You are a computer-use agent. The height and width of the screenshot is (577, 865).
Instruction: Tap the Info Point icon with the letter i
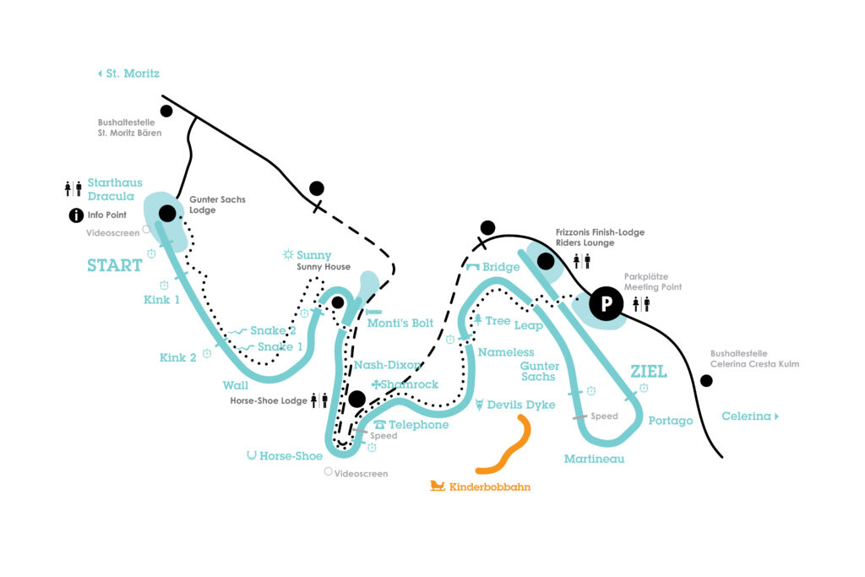(76, 215)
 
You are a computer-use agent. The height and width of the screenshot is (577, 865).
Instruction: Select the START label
(114, 265)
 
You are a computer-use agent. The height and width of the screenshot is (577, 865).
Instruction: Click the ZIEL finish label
(649, 372)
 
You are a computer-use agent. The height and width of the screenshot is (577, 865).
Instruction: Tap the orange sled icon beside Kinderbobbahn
(438, 486)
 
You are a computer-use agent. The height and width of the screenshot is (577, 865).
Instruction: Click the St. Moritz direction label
(128, 73)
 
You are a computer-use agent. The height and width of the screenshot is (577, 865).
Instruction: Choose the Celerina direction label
(749, 416)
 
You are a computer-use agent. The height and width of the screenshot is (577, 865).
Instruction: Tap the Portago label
(670, 421)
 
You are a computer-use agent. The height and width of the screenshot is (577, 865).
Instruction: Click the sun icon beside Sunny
(288, 254)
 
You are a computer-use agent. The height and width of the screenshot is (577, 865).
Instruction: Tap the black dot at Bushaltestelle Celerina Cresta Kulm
(706, 381)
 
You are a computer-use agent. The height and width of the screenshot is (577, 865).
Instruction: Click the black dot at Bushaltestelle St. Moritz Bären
(166, 111)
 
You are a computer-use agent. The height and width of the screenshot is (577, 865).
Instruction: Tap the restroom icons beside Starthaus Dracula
(73, 188)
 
